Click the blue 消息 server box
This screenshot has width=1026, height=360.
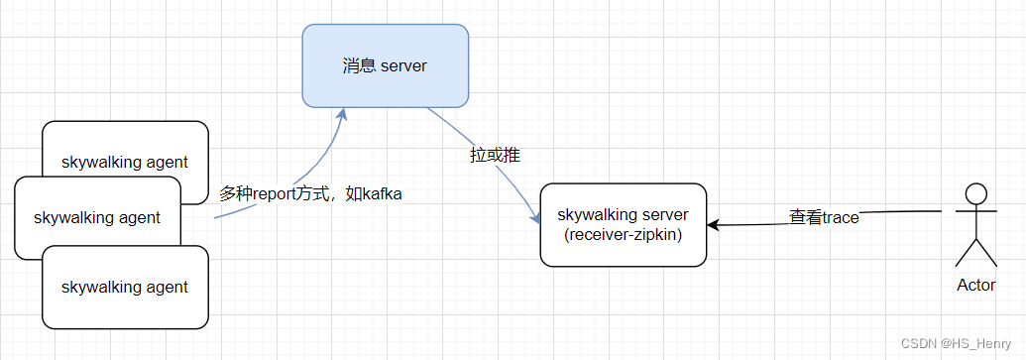coord(385,66)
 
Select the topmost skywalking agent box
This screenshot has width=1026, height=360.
coord(125,144)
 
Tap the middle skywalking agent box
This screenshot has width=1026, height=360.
coord(96,216)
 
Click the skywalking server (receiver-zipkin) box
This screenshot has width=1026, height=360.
coord(623,224)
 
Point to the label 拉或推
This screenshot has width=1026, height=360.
coord(495,155)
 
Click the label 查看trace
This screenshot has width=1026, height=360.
coord(824,217)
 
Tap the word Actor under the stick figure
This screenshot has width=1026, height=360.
coord(975,285)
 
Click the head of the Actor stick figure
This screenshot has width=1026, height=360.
coord(977,194)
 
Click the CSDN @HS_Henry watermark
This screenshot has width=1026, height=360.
coord(960,342)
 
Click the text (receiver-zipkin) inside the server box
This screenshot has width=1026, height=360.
coord(623,234)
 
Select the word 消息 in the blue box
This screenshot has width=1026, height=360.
coord(358,66)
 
